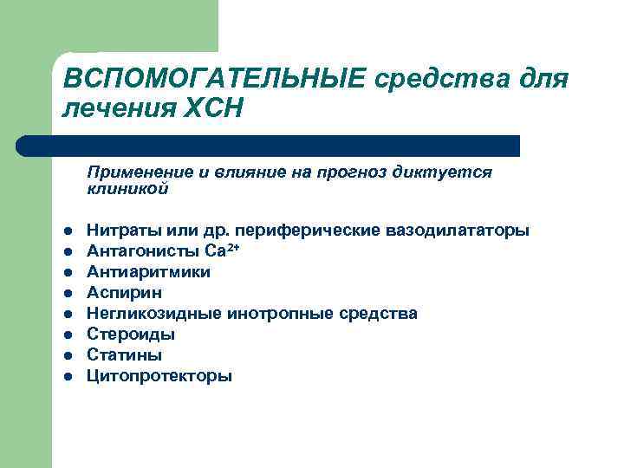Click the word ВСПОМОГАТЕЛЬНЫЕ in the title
click(x=216, y=80)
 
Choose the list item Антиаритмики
click(x=148, y=272)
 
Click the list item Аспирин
click(x=120, y=293)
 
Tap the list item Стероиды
click(x=131, y=335)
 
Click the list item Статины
click(x=124, y=355)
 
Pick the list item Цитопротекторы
click(x=159, y=376)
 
